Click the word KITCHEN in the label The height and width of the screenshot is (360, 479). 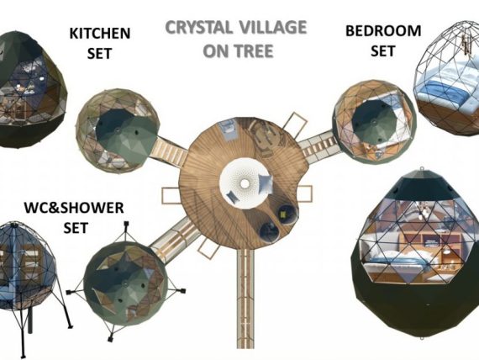pos(100,34)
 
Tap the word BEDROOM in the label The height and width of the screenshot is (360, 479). pos(383,31)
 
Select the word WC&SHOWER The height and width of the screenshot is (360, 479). pos(74,208)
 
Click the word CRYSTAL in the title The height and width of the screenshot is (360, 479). pos(199,27)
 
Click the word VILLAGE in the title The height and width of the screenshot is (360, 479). pos(272,27)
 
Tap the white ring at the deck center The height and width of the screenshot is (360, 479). pos(245,184)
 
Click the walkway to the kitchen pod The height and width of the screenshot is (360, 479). pos(168,150)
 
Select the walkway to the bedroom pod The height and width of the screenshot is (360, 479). pos(319,146)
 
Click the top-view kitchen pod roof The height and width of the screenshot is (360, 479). pos(126,132)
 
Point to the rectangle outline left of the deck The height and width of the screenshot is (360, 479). pos(171,196)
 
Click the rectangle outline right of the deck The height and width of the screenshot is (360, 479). pos(306,193)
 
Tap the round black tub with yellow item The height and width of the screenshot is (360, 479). pos(287,214)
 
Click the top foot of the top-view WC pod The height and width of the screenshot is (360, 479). pos(126,225)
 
